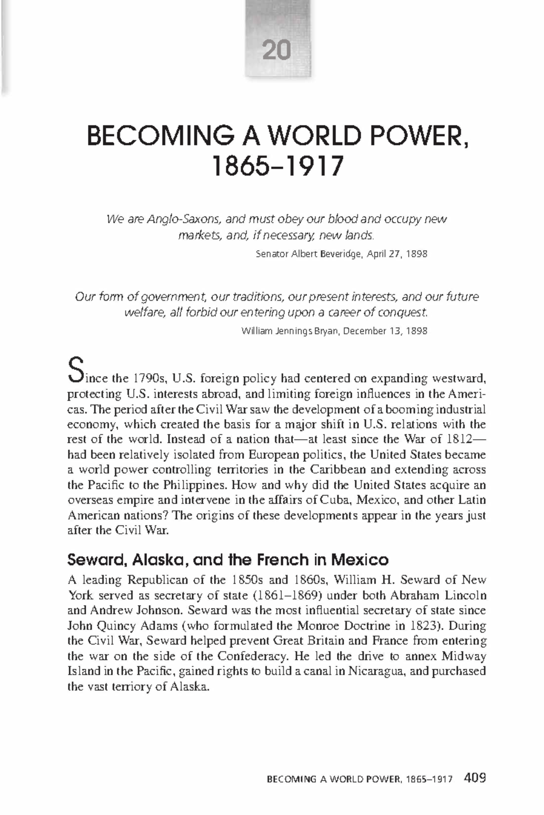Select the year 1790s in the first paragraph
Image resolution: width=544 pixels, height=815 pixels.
149,378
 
